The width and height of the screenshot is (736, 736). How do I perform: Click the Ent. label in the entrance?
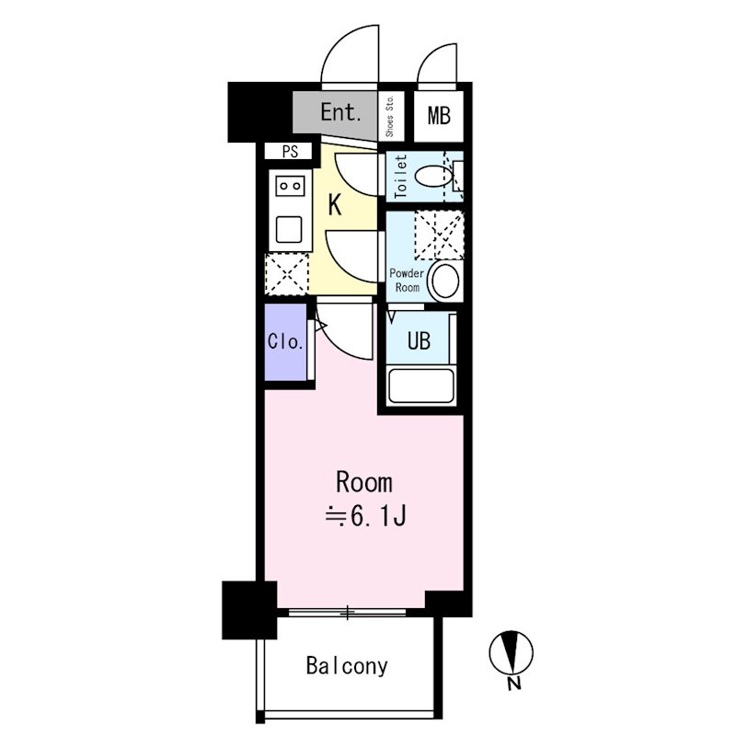(340, 112)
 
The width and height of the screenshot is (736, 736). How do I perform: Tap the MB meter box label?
(439, 116)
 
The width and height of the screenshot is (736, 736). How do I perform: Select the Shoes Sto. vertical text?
(389, 117)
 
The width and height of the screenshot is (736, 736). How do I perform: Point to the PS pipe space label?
(290, 152)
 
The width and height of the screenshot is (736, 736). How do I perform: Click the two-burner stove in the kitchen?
(290, 186)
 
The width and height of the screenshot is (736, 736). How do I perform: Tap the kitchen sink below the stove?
(289, 229)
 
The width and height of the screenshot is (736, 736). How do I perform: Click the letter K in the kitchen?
(334, 205)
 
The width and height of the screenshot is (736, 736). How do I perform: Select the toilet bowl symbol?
(433, 177)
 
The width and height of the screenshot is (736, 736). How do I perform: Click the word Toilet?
(400, 177)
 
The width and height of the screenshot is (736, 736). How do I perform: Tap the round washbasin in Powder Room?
(445, 282)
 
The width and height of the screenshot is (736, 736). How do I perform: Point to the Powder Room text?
(407, 281)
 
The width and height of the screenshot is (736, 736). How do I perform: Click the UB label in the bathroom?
(419, 340)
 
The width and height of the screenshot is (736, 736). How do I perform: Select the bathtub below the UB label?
(421, 385)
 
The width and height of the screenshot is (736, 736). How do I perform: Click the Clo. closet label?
(285, 341)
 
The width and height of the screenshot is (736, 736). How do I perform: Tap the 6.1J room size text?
(365, 517)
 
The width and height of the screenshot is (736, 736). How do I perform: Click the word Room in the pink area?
(364, 482)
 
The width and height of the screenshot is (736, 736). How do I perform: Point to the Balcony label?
(347, 666)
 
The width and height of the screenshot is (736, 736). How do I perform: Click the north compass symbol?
(512, 652)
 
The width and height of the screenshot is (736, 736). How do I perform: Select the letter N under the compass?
(514, 684)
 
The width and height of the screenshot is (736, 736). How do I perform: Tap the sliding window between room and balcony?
(347, 612)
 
